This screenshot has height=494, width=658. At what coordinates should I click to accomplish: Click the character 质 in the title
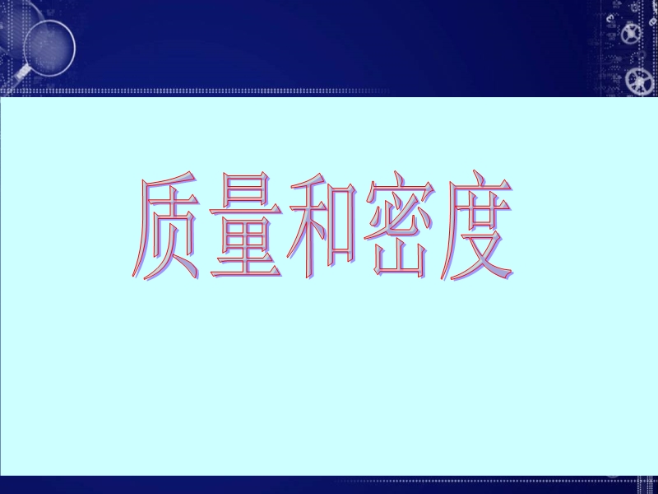click(166, 226)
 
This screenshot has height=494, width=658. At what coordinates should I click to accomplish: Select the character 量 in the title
click(245, 225)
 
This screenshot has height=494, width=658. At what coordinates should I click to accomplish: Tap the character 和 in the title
click(322, 226)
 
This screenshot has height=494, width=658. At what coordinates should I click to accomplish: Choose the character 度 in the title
click(476, 226)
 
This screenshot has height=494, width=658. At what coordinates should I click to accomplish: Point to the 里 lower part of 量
click(245, 248)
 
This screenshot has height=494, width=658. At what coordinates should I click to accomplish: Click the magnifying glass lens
click(49, 48)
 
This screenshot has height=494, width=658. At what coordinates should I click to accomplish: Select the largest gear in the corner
click(640, 81)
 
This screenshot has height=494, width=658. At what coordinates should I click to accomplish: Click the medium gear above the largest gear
click(630, 34)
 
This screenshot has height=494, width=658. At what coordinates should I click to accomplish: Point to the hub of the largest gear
click(640, 81)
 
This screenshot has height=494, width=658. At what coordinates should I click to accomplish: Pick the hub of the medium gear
click(630, 34)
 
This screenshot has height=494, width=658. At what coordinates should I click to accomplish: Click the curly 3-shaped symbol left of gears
click(609, 18)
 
